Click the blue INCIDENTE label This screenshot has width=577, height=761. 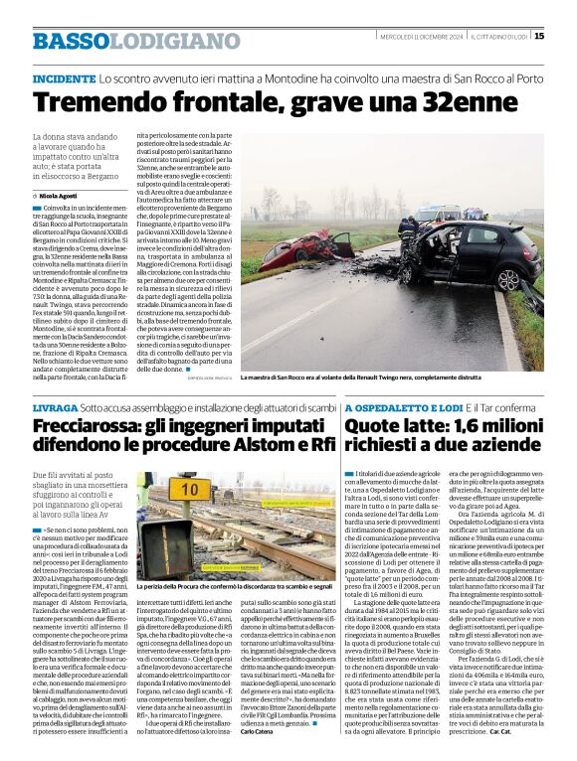click(x=64, y=76)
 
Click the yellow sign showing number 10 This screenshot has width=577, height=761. click(x=187, y=489)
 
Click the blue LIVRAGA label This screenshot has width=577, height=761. click(x=55, y=407)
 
